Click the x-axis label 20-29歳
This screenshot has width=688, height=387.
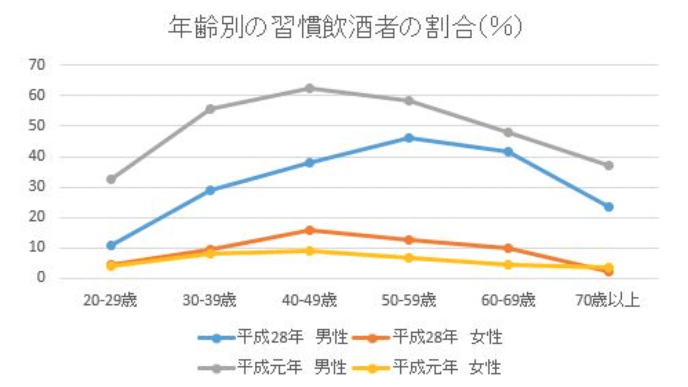(x=110, y=301)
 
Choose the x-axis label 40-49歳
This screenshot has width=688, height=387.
(x=309, y=301)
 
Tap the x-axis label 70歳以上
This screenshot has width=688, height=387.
(x=608, y=301)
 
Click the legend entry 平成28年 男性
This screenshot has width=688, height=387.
(x=272, y=338)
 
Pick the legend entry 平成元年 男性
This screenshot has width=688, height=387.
(x=272, y=367)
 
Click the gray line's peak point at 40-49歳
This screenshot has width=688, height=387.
(x=309, y=88)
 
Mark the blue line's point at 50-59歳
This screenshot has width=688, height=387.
(x=409, y=138)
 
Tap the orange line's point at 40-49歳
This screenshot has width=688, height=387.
(x=309, y=230)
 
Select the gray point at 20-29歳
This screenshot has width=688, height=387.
(x=111, y=179)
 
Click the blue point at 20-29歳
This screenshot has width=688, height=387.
(x=111, y=246)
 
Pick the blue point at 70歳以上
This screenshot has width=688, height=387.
(x=608, y=207)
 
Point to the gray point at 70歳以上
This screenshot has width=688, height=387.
(x=608, y=165)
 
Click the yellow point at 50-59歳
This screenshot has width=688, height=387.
(x=409, y=258)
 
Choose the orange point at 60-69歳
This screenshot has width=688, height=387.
(x=508, y=248)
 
